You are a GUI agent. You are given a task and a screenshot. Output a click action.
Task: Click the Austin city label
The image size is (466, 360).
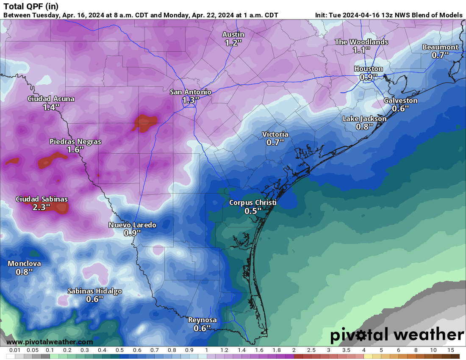[x=233, y=34]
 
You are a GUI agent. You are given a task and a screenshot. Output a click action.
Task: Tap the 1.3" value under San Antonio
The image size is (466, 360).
[x=191, y=100]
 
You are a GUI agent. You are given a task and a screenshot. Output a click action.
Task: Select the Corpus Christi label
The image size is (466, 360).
[x=252, y=202]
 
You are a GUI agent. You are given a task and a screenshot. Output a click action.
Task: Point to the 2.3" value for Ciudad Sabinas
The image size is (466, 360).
[x=42, y=207]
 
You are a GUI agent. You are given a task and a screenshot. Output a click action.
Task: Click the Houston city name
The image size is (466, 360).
[x=369, y=69]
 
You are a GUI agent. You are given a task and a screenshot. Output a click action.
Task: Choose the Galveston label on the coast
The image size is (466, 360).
[x=400, y=100]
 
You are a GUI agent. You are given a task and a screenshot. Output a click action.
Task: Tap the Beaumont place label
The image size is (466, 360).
[x=440, y=47]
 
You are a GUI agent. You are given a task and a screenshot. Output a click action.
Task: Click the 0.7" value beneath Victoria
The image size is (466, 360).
[x=275, y=143]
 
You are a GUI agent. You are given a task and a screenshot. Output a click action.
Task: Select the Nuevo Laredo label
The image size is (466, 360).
[x=132, y=225]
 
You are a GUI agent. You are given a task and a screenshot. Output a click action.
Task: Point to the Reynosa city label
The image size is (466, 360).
[x=202, y=320]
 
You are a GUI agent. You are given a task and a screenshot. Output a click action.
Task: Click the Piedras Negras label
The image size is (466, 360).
[x=75, y=141]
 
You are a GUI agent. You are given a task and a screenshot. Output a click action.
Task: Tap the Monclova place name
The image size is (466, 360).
[x=25, y=263]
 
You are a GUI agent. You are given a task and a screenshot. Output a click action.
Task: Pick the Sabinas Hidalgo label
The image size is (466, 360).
[x=95, y=291]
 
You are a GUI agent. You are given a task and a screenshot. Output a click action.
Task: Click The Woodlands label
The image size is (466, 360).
[x=361, y=42]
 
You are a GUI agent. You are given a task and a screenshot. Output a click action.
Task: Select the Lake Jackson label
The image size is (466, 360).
[x=364, y=119]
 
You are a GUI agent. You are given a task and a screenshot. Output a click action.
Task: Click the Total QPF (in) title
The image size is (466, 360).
[x=31, y=6]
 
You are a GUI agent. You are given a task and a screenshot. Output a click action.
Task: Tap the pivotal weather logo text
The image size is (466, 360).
[x=397, y=335]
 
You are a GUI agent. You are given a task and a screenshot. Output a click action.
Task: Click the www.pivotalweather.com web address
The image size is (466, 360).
[x=50, y=342]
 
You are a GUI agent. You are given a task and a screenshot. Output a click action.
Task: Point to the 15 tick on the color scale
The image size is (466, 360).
[x=450, y=350]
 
